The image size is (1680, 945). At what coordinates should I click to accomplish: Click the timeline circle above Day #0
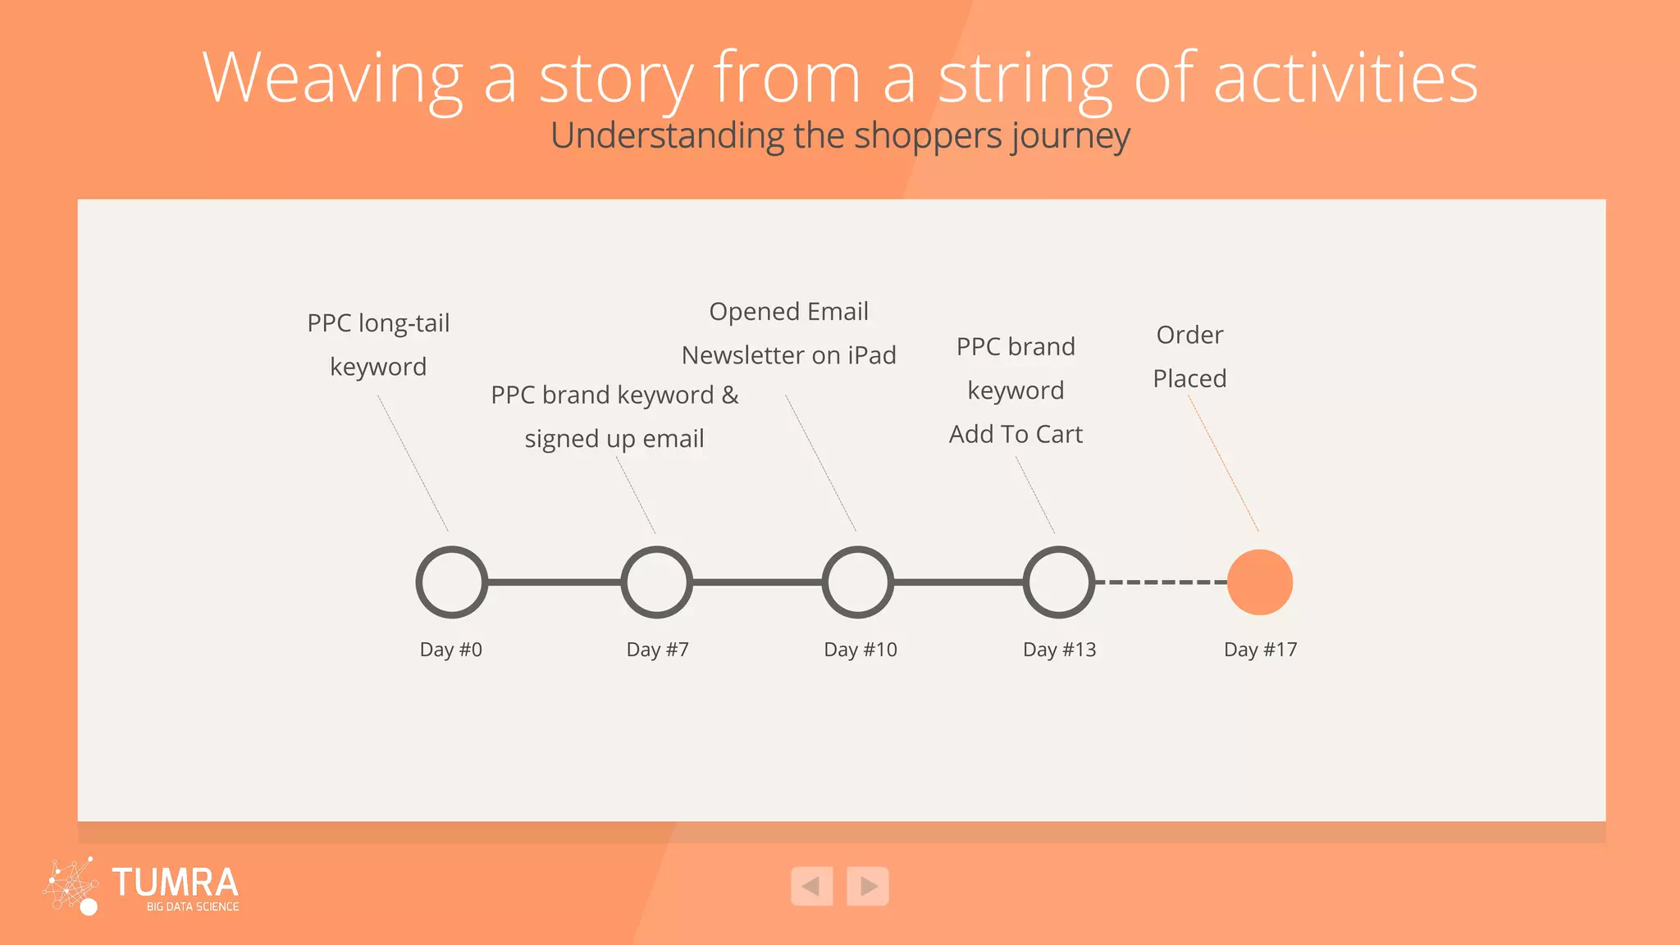[452, 582]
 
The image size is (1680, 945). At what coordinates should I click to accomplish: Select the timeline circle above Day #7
[656, 582]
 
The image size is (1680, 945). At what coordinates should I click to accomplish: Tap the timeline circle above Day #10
[857, 582]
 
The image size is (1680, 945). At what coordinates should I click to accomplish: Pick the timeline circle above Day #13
[1058, 582]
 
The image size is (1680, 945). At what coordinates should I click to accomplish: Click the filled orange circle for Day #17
[1259, 582]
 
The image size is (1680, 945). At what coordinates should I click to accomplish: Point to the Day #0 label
[450, 650]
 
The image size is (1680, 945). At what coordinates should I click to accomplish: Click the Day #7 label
[657, 650]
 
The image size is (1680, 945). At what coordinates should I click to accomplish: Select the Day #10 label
[860, 650]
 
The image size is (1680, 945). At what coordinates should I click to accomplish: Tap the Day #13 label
[1059, 650]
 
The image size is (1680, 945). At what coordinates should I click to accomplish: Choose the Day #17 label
[1260, 650]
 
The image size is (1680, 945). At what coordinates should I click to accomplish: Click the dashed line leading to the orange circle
[1161, 582]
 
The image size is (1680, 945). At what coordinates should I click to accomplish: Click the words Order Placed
[1189, 357]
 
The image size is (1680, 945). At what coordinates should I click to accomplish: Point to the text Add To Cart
[1016, 434]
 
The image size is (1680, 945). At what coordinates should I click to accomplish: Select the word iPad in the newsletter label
[871, 355]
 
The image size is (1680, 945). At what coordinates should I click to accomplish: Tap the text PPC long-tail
[378, 323]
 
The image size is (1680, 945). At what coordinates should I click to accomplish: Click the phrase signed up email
[614, 439]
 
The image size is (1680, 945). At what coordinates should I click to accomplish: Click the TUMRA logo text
[175, 883]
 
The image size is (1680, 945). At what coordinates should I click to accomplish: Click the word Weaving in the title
[332, 79]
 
